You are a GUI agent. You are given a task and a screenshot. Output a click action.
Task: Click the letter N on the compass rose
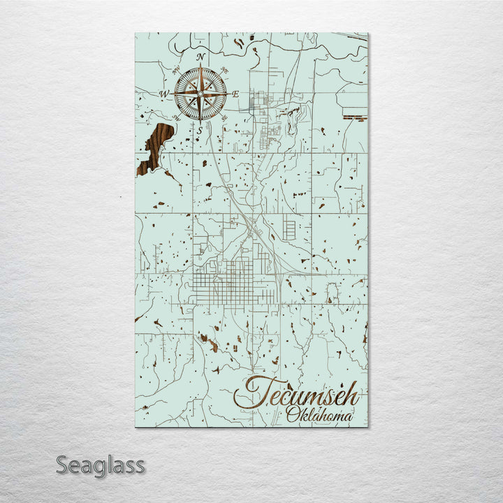point(201,57)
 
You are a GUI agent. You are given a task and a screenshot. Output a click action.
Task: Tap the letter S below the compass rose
point(200,131)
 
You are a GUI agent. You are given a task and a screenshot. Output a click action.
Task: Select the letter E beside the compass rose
point(235,94)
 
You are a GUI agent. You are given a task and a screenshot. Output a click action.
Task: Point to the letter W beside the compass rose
point(165,94)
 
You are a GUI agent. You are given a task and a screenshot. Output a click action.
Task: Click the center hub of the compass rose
point(201,94)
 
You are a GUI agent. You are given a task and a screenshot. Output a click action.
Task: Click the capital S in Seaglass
point(61,465)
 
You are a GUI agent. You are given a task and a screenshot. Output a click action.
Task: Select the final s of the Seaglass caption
point(139,466)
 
